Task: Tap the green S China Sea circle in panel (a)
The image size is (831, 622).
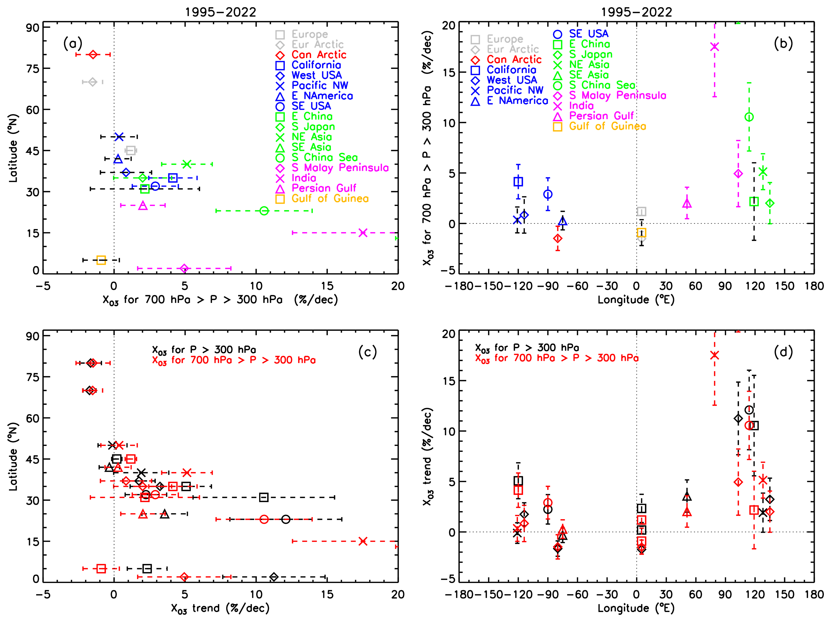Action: pyautogui.click(x=264, y=211)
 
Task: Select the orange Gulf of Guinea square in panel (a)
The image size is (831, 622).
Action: pyautogui.click(x=101, y=260)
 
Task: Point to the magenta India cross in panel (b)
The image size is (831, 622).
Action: pyautogui.click(x=715, y=47)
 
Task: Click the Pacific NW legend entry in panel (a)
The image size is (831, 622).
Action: pyautogui.click(x=319, y=86)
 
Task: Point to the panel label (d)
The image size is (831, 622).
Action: pyautogui.click(x=783, y=352)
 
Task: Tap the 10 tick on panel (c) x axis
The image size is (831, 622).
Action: pyautogui.click(x=256, y=595)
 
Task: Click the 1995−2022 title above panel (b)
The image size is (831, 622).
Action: pyautogui.click(x=636, y=12)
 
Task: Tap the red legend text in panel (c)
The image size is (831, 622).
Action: pyautogui.click(x=234, y=360)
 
